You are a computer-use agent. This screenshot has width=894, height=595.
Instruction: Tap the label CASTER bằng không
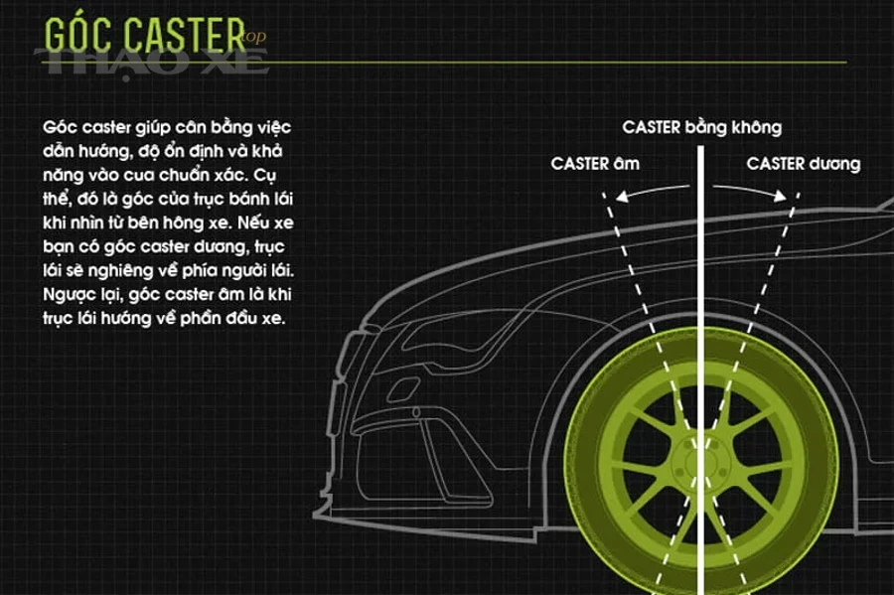coord(702,127)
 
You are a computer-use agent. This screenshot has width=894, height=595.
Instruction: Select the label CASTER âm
coord(595,164)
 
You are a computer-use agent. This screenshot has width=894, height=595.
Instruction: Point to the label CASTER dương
coord(804,164)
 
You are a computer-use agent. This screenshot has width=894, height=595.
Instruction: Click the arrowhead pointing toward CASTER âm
coord(623,196)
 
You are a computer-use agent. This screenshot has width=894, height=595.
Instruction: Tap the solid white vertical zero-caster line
coord(700,371)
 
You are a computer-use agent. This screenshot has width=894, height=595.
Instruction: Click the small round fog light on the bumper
coord(416,412)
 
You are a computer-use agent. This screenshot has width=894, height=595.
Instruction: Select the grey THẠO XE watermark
coord(152,62)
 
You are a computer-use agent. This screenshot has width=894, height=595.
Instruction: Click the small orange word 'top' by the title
coord(254,37)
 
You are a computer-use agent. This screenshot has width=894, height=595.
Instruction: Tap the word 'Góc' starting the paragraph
coord(60,127)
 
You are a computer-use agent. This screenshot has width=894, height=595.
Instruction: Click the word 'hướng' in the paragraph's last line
coord(124,318)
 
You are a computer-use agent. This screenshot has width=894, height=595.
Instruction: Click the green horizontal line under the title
coord(445,62)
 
